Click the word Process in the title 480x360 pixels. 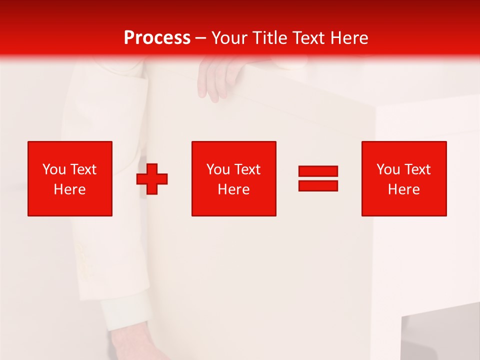(x=157, y=38)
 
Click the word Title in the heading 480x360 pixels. (x=270, y=38)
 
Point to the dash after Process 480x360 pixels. (x=201, y=38)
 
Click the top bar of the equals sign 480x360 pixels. (x=318, y=171)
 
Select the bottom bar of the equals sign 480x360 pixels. (x=318, y=186)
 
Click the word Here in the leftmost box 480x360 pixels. (x=69, y=189)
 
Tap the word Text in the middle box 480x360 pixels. (x=247, y=169)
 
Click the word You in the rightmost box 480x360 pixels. (x=388, y=169)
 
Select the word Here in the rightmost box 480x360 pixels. (x=403, y=189)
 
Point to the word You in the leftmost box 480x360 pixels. (x=54, y=169)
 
